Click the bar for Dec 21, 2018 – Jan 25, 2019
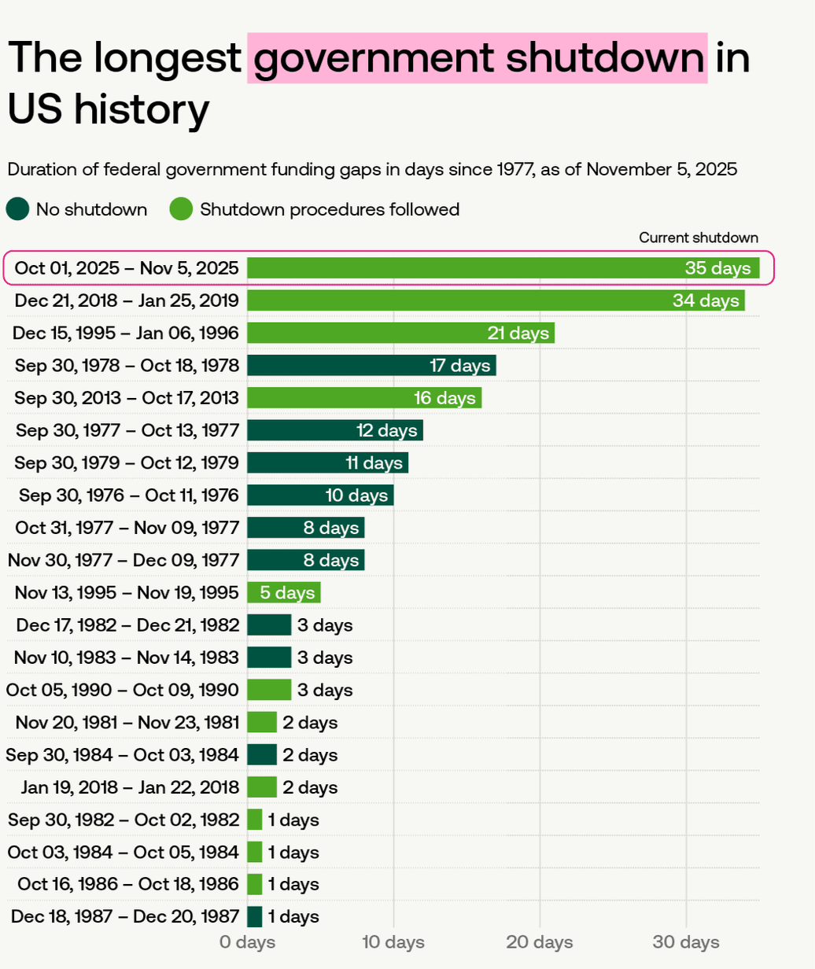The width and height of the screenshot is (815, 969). tap(496, 300)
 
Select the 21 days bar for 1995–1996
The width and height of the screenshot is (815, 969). tap(400, 333)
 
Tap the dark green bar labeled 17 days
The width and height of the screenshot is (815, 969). tap(371, 365)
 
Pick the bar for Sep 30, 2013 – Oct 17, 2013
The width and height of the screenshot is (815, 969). tap(364, 398)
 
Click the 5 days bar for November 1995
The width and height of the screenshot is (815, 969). tap(284, 592)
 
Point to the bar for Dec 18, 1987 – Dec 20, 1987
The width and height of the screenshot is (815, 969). tap(255, 916)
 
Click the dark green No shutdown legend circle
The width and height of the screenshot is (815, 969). tap(17, 209)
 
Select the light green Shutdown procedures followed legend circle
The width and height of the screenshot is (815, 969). tap(181, 209)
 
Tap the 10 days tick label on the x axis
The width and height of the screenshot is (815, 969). tap(393, 942)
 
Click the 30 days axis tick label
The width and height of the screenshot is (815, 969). tap(686, 942)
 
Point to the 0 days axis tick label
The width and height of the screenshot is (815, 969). tap(247, 942)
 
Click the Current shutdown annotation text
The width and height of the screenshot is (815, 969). tap(699, 238)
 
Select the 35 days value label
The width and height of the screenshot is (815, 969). tap(717, 268)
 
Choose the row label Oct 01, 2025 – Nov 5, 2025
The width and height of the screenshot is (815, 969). tap(126, 268)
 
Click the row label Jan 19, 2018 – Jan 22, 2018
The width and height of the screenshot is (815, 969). tap(126, 787)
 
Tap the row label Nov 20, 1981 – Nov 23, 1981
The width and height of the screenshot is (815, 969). tap(126, 722)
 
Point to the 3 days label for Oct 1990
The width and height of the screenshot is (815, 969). tap(324, 690)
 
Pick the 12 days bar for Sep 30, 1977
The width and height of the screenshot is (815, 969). tap(335, 430)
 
